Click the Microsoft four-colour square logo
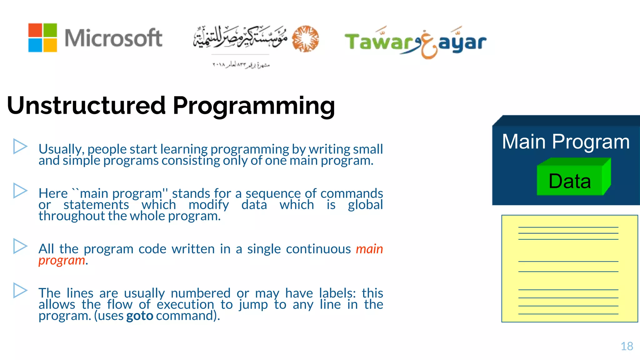[x=42, y=37]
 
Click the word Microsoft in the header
[x=113, y=38]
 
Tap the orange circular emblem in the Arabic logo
[x=305, y=39]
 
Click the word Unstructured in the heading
[x=86, y=105]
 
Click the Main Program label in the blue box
[x=566, y=142]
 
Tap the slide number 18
[x=627, y=346]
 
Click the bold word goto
[x=140, y=316]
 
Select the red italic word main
[x=369, y=249]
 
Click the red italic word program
[x=62, y=260]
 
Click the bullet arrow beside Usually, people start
[x=20, y=147]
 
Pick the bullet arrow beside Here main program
[x=20, y=191]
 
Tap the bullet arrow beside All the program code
[x=20, y=246]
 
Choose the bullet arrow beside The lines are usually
[x=20, y=290]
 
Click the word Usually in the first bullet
[x=61, y=149]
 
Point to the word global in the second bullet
[x=365, y=205]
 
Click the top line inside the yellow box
[x=568, y=227]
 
